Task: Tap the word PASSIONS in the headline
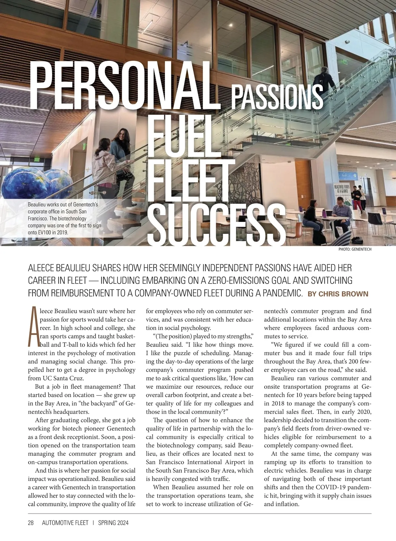277,97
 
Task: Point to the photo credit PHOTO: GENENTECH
355,249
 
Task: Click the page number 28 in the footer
31,523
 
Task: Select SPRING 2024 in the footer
113,523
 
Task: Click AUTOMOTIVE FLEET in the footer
65,523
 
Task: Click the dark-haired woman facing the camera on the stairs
121,149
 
